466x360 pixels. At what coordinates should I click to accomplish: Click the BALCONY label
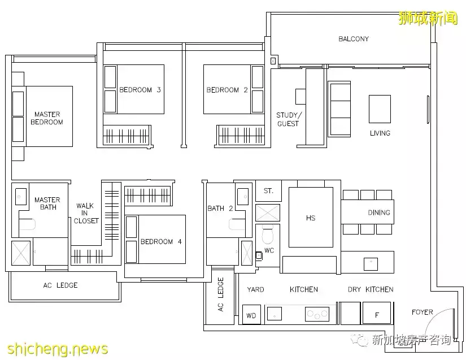(x=354, y=39)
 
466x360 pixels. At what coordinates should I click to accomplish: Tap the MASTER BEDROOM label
(x=47, y=118)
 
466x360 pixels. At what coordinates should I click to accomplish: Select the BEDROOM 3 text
(x=140, y=90)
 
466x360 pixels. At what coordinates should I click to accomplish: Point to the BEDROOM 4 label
(x=161, y=242)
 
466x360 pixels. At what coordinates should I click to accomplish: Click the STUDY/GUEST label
(x=289, y=119)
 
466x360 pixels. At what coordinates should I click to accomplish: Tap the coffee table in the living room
(x=380, y=109)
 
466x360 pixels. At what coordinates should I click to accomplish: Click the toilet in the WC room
(x=268, y=235)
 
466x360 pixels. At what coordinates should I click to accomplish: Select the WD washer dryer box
(x=251, y=315)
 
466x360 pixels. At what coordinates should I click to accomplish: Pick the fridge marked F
(x=377, y=313)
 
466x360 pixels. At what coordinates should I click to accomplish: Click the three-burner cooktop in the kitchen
(x=317, y=314)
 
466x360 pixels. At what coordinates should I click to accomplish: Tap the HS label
(x=311, y=218)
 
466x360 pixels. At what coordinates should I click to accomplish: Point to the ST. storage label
(x=268, y=191)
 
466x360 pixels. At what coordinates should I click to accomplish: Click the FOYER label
(x=422, y=312)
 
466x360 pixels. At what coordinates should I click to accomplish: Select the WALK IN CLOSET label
(x=86, y=213)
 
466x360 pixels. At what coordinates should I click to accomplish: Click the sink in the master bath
(x=20, y=197)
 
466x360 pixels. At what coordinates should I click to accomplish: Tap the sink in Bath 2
(x=243, y=197)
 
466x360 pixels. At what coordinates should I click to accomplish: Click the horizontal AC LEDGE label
(x=60, y=285)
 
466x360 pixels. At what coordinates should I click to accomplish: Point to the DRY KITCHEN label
(x=371, y=289)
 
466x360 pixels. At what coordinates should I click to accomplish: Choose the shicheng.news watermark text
(x=58, y=349)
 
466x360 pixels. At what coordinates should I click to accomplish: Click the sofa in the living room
(x=339, y=109)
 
